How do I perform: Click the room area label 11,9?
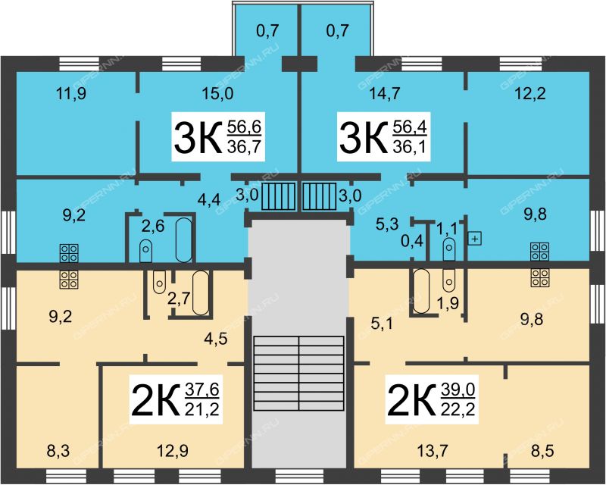(71, 94)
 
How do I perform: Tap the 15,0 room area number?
(217, 94)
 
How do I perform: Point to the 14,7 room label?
(385, 94)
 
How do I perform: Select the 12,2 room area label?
(531, 94)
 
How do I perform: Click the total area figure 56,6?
(244, 127)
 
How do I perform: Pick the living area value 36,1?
(410, 147)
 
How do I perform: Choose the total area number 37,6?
(201, 390)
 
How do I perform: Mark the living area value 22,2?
(458, 408)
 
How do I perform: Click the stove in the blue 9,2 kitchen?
(69, 253)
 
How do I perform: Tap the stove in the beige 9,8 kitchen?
(540, 277)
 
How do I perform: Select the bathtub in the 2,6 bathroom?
(184, 240)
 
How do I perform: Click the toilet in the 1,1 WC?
(448, 249)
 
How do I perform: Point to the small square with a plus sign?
(475, 239)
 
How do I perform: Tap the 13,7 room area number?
(433, 451)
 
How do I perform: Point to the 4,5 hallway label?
(217, 339)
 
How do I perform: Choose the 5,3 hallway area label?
(386, 224)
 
